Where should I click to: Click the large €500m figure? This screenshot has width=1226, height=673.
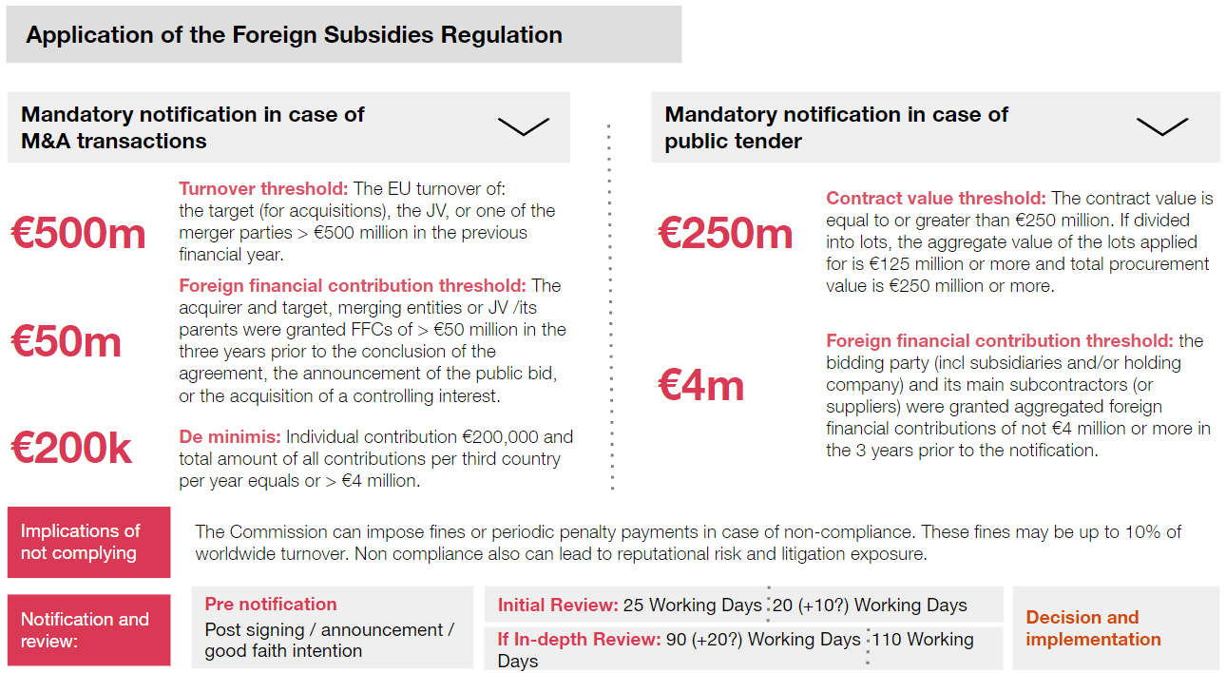click(78, 234)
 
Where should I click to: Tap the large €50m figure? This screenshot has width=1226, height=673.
click(67, 341)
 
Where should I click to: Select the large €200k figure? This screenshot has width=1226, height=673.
click(71, 448)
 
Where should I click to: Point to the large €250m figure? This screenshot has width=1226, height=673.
click(725, 234)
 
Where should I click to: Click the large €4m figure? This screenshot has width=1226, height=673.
click(701, 385)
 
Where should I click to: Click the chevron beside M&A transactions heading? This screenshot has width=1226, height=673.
click(524, 126)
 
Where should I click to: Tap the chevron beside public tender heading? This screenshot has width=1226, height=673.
click(1161, 126)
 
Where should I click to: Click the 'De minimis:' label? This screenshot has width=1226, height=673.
click(229, 437)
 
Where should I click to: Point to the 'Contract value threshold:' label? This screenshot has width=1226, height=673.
click(935, 199)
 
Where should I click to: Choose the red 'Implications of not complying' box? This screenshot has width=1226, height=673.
click(88, 542)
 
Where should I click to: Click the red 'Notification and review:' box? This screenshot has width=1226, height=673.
click(88, 629)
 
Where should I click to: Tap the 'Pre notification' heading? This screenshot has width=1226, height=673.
click(271, 605)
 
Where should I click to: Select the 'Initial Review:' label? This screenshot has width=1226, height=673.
click(557, 606)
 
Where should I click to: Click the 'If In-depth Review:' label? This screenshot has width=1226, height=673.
click(579, 640)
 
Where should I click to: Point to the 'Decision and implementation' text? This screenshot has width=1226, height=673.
click(1093, 628)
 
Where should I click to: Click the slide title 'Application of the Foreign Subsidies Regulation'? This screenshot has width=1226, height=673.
click(295, 35)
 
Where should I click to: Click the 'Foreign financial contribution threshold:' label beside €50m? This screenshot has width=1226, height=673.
click(352, 286)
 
